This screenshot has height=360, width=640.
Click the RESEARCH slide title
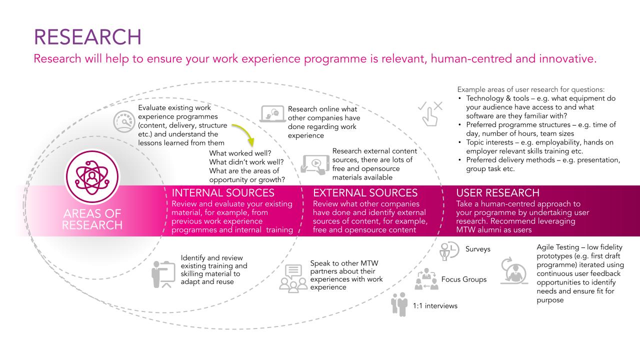[x=87, y=37]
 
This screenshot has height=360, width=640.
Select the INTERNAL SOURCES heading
[x=223, y=193]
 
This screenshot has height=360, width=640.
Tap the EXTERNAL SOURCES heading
[x=365, y=193]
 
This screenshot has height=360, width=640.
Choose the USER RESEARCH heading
[x=498, y=193]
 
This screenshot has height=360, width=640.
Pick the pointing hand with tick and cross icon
[x=429, y=112]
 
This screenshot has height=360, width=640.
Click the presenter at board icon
[x=163, y=274]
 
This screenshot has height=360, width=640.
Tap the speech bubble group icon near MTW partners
[x=293, y=279]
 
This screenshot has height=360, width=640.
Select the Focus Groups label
[x=463, y=279]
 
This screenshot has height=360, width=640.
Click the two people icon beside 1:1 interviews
[x=400, y=304]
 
